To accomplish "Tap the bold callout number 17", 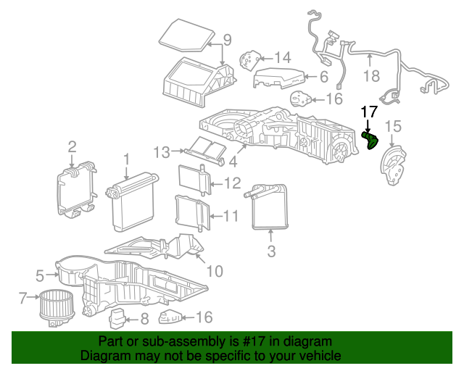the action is (x=369, y=112).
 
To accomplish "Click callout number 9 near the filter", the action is (x=227, y=40).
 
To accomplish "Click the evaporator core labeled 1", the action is (x=133, y=201).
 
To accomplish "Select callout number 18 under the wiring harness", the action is (x=371, y=76).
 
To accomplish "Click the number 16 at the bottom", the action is (x=204, y=317).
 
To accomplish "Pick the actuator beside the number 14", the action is (x=250, y=60).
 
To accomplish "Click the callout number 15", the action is (x=393, y=126).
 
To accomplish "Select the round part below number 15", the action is (x=393, y=165).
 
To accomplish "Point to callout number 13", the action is (x=162, y=152).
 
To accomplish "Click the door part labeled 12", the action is (x=195, y=180).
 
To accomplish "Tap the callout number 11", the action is (x=231, y=216).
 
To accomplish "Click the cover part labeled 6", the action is (x=278, y=78).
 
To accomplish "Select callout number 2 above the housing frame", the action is (x=72, y=147).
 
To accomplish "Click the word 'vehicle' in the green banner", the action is (x=321, y=355).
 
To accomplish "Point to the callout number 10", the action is (x=215, y=271).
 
